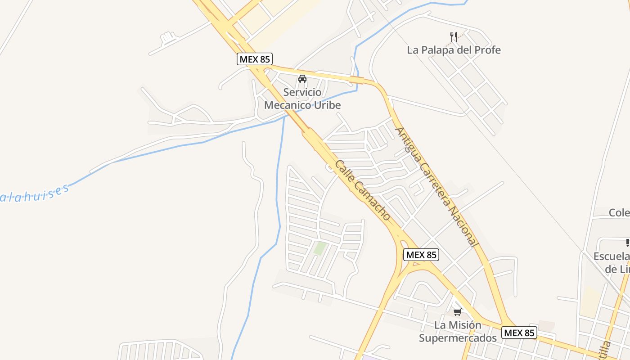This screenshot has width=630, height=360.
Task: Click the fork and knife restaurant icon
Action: coord(454,37)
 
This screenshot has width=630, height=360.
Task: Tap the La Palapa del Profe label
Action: coord(454,50)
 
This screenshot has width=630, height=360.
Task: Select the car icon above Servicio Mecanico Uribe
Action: coord(302,79)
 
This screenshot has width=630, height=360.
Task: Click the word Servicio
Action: coord(302,93)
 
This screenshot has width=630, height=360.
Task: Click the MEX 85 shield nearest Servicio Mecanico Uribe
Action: coord(255,59)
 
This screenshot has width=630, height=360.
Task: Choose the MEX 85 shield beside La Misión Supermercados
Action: coord(519,333)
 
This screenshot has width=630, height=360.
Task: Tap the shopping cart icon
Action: coord(457,312)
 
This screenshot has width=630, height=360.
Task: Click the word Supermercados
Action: coord(458,338)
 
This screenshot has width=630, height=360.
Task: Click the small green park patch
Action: coord(320,248)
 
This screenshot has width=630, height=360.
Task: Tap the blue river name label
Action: coord(34,195)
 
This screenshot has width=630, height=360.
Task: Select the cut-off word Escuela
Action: coord(612,256)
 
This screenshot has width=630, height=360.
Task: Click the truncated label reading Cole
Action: coord(619,212)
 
